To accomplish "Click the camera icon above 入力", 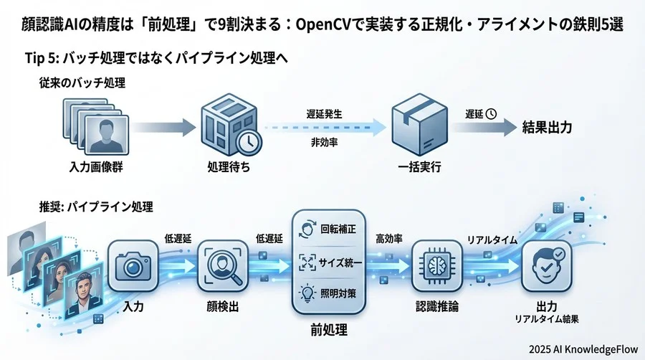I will pos(132,267).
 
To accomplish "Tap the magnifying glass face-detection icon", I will pos(222,267).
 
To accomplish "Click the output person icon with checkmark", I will pos(547,266).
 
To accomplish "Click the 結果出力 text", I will pos(547,128).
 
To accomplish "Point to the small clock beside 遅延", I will pos(492,113).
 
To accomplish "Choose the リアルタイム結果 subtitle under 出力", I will pos(546,318).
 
